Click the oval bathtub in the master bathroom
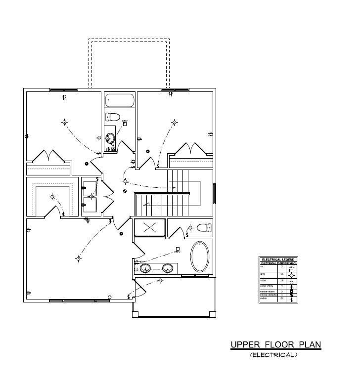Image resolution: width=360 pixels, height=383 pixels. (x=200, y=256)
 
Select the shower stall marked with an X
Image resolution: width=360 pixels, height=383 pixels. (x=150, y=228)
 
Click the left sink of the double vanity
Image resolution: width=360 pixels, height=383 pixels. (x=145, y=268)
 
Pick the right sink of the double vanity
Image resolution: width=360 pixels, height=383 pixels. (x=168, y=268)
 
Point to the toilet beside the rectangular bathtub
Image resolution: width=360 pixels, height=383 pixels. (x=113, y=117)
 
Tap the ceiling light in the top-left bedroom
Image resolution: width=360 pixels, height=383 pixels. (x=64, y=122)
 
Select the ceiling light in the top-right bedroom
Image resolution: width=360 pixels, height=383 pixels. (x=174, y=122)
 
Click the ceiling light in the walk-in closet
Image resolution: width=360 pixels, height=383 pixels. (x=52, y=197)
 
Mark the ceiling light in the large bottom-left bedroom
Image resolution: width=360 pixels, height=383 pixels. (x=78, y=258)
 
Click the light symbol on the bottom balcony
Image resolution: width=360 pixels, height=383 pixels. (x=160, y=281)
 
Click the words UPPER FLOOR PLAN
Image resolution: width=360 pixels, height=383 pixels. (x=275, y=344)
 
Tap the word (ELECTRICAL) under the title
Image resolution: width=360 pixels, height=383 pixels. (x=273, y=355)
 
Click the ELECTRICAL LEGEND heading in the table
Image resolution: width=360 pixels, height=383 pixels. (x=278, y=259)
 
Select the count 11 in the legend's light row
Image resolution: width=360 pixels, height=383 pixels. (x=282, y=274)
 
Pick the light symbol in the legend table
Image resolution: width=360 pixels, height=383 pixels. (x=291, y=274)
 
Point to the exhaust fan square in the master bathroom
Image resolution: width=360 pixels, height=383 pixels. (x=178, y=249)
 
